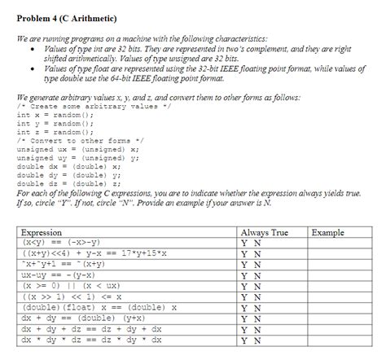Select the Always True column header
pos(265,233)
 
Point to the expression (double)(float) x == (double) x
pos(99,307)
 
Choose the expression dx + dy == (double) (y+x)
pos(90,318)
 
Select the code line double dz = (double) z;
pos(70,183)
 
